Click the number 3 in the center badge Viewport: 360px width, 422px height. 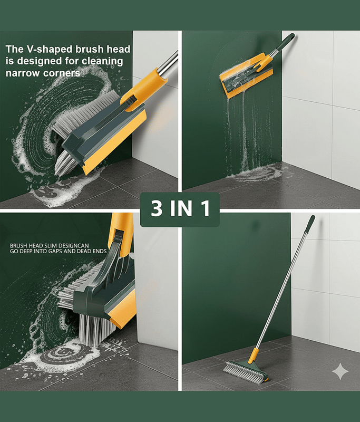click(157, 208)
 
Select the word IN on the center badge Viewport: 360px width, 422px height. click(181, 208)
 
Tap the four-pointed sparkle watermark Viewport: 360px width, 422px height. click(340, 371)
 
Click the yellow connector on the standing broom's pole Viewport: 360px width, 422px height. click(254, 355)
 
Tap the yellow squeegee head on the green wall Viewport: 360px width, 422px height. click(246, 75)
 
